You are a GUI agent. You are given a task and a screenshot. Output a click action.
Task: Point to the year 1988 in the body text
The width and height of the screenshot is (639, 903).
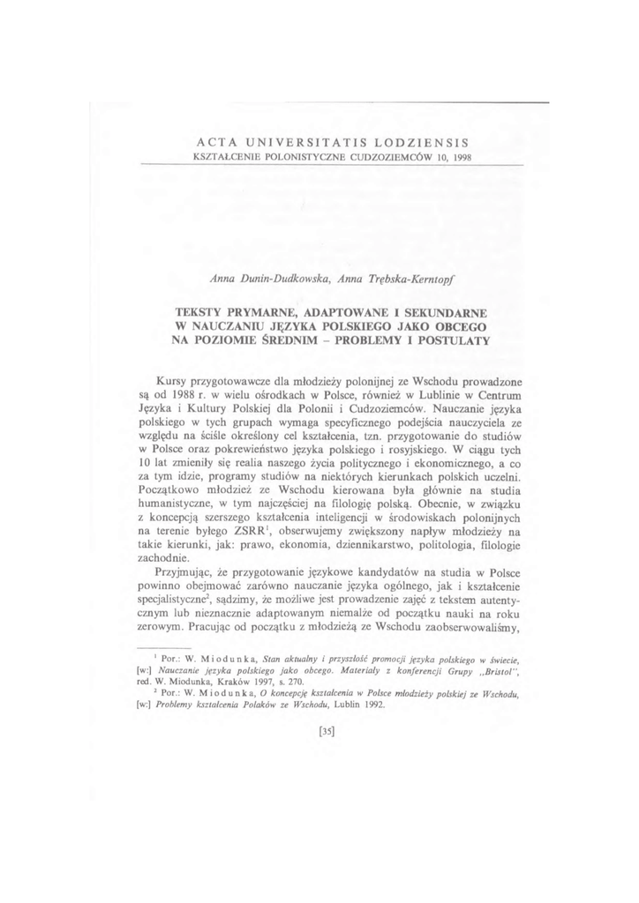click(182, 395)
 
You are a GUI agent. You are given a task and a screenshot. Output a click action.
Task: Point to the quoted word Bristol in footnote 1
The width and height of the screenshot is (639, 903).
click(487, 672)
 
